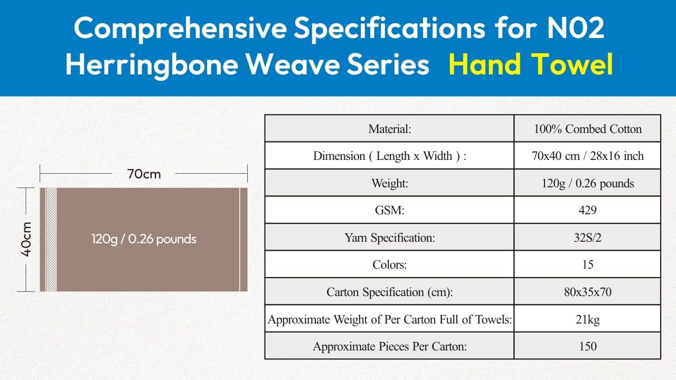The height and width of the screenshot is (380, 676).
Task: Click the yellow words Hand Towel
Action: (x=531, y=64)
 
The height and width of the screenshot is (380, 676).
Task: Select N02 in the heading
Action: (x=576, y=28)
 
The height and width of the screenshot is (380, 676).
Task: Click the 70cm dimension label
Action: (x=144, y=174)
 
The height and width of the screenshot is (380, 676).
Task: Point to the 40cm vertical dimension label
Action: (x=26, y=239)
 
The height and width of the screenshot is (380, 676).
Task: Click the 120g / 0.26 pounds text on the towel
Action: (x=144, y=239)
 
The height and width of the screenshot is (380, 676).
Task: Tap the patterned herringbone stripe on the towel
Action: (x=51, y=240)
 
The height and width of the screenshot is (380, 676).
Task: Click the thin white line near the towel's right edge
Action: (x=240, y=240)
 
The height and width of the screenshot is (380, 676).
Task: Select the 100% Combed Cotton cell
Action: (x=588, y=129)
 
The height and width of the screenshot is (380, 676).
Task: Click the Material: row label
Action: (x=390, y=129)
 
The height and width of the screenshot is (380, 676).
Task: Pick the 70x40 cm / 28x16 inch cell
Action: (x=588, y=156)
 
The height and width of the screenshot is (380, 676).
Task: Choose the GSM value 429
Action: (x=588, y=210)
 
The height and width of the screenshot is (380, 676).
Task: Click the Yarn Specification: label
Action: (x=390, y=237)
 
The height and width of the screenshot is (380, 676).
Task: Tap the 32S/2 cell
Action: (x=588, y=237)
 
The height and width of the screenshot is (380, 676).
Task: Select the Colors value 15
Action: (x=588, y=264)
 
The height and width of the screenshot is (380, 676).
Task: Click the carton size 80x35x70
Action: (x=588, y=292)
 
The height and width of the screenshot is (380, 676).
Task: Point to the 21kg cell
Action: (x=588, y=319)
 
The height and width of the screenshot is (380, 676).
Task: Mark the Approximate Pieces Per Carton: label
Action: (x=390, y=347)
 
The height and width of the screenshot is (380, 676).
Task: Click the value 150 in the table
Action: (x=588, y=346)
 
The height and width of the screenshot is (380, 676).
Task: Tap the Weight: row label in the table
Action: (x=390, y=183)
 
